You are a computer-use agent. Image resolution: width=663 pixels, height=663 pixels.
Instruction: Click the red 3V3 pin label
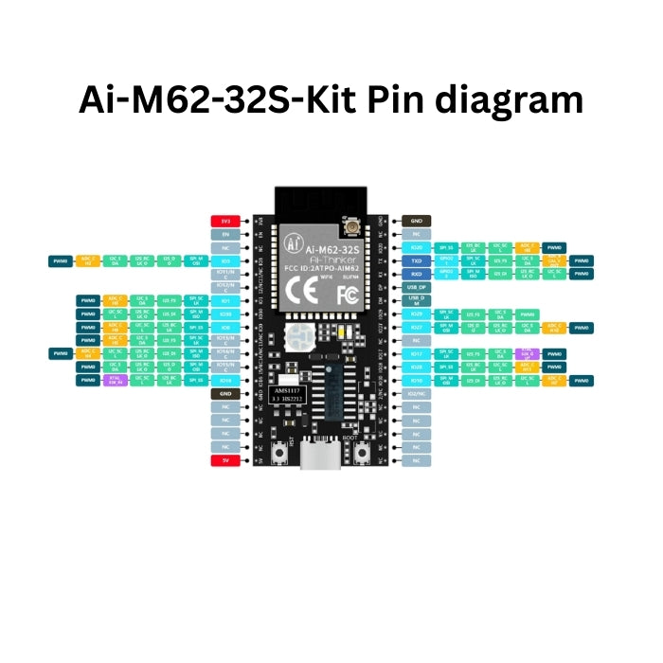coord(225,220)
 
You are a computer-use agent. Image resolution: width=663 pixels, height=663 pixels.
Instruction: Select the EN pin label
coord(225,233)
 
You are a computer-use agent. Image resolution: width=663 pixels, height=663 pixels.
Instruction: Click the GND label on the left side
coord(225,393)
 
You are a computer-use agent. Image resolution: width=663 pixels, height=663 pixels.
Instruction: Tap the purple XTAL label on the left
coord(115,380)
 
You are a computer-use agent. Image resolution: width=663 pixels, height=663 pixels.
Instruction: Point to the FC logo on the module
coord(348,294)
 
